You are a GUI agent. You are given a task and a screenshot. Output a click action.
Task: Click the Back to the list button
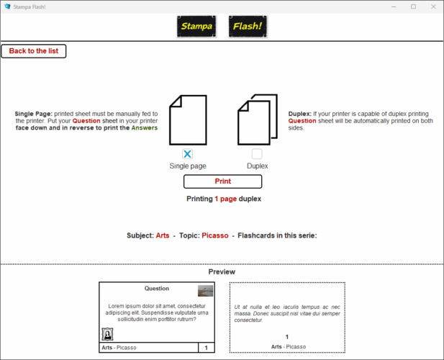click(34, 51)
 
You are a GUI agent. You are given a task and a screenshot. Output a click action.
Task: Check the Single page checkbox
click(188, 154)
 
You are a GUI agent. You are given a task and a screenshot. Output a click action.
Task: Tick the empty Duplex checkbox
click(257, 154)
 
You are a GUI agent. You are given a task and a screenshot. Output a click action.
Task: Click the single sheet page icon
click(188, 120)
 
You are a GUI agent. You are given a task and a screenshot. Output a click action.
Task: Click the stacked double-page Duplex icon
click(257, 120)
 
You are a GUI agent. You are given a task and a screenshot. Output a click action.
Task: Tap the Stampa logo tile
click(196, 27)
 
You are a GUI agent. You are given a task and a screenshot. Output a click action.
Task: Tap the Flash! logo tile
click(248, 27)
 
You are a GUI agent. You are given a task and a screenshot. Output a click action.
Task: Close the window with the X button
click(432, 6)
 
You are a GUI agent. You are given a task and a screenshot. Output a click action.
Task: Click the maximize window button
click(413, 6)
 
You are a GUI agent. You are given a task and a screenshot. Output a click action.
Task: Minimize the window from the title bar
click(394, 6)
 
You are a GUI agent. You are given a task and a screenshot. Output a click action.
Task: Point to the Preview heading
click(222, 272)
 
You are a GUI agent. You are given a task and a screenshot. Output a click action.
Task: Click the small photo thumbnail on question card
click(206, 291)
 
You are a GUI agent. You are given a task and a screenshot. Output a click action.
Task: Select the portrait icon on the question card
click(108, 334)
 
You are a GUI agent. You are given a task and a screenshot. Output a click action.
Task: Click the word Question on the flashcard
click(157, 288)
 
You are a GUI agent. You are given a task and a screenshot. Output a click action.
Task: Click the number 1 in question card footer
click(207, 348)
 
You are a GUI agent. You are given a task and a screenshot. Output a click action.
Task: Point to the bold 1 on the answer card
click(286, 337)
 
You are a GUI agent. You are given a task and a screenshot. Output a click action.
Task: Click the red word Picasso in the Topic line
click(214, 235)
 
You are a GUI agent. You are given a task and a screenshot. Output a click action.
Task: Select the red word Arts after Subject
click(163, 235)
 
